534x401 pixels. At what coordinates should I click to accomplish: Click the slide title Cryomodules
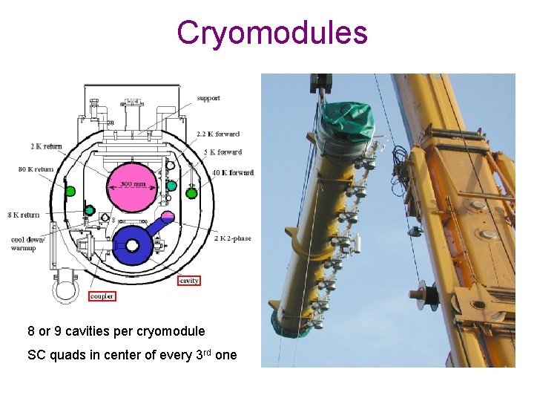coord(272,33)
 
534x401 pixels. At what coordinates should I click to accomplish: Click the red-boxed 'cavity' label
coord(189,281)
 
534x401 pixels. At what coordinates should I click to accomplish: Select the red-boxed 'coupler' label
coord(102,296)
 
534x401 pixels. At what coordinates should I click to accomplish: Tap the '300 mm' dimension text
coord(133,184)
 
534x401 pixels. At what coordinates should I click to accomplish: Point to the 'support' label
coord(209,99)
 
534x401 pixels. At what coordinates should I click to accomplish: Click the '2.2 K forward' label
coord(217,134)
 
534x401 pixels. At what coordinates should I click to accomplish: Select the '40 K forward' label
coord(233,173)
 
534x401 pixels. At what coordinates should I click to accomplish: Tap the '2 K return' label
coord(47,147)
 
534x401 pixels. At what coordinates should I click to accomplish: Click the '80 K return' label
coord(36,169)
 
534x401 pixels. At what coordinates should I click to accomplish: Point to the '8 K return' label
coord(24,215)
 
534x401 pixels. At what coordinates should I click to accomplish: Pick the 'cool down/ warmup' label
coord(28,244)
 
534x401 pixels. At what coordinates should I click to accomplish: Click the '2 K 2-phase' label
coord(231,239)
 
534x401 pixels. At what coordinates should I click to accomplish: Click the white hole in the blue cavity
coord(133,245)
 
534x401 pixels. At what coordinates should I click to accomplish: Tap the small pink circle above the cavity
coord(167,217)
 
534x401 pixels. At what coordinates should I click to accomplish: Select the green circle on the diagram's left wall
coord(70,191)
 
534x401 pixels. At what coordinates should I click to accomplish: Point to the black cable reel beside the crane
coord(424,296)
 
